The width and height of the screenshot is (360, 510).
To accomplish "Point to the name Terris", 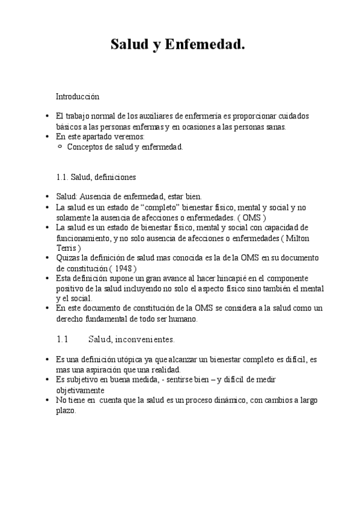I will tap(67, 248).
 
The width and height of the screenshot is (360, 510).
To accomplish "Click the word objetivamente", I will tap(81, 390).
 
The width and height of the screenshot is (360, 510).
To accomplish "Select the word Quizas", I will tap(67, 258).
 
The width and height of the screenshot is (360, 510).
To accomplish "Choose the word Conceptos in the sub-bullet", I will tap(85, 147).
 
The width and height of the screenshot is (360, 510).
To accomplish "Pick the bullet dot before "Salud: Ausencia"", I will tap(47, 197).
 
